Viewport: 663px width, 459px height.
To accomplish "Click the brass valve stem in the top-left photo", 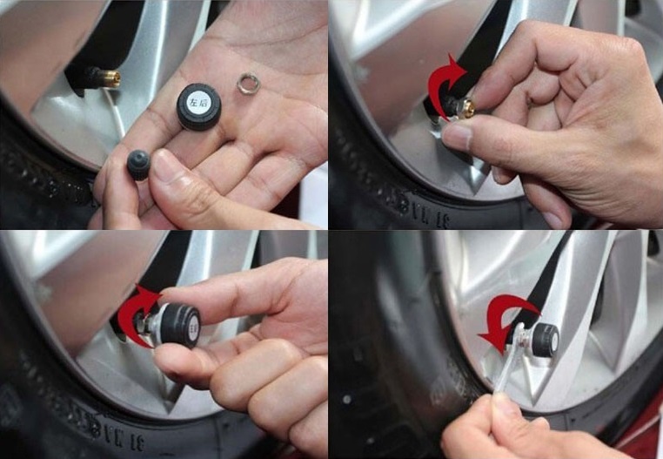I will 111,77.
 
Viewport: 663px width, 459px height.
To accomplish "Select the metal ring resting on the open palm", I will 251,84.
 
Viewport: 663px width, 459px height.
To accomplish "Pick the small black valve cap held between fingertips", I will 138,163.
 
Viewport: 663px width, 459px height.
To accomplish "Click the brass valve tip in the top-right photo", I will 467,109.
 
